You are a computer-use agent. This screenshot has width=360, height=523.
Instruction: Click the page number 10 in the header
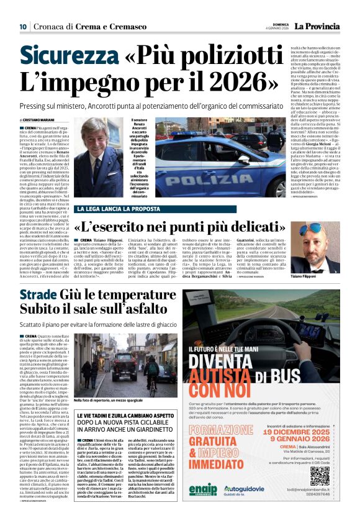click(x=22, y=27)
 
